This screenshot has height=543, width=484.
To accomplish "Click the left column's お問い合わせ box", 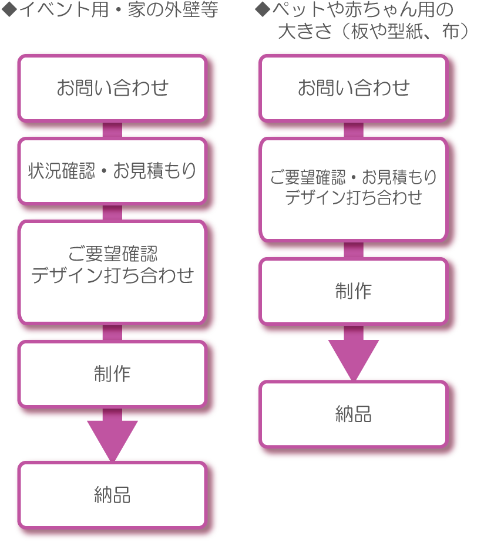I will [112, 88].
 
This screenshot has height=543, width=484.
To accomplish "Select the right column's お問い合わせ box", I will [353, 88].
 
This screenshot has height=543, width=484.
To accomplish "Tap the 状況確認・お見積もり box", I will [112, 171].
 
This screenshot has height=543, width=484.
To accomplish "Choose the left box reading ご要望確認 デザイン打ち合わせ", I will [112, 265].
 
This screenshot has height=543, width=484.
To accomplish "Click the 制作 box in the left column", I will [112, 374].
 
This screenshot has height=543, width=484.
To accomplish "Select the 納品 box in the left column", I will [112, 494].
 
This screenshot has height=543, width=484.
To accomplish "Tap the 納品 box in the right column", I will [353, 414].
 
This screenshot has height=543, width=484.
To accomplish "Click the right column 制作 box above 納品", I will [353, 291].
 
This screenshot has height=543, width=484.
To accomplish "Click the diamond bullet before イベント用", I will [9, 10].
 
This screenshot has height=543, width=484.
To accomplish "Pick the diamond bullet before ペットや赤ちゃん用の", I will [262, 10].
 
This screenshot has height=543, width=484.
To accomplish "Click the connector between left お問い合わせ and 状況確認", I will [112, 130].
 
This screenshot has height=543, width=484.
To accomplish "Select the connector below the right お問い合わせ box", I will [353, 130].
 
